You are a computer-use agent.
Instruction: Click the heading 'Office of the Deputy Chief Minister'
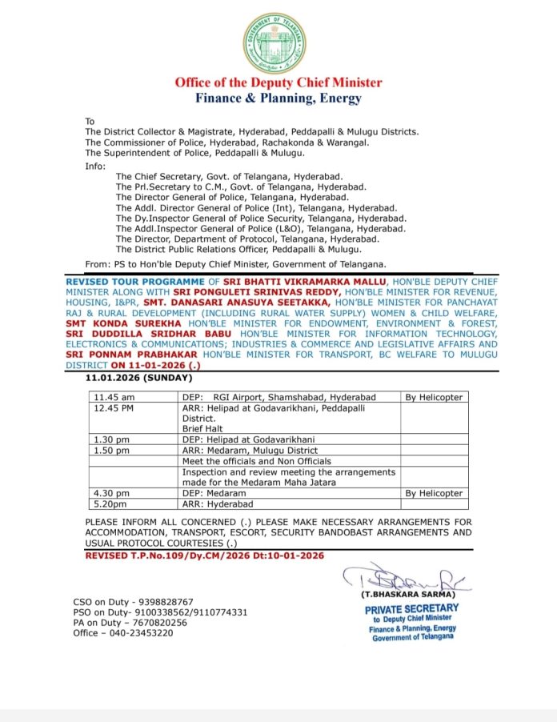click(278, 82)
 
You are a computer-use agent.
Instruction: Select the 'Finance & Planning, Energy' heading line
click(278, 98)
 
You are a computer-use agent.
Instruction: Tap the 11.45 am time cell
click(114, 397)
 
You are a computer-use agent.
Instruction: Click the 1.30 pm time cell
click(112, 439)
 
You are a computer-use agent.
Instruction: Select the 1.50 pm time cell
click(112, 451)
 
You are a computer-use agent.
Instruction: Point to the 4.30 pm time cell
click(112, 494)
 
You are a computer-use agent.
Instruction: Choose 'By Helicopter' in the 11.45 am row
click(434, 397)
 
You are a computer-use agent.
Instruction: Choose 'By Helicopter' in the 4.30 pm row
click(434, 494)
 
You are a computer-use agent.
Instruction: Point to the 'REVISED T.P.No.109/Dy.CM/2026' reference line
click(204, 555)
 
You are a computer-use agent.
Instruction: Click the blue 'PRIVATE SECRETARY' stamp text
click(411, 608)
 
